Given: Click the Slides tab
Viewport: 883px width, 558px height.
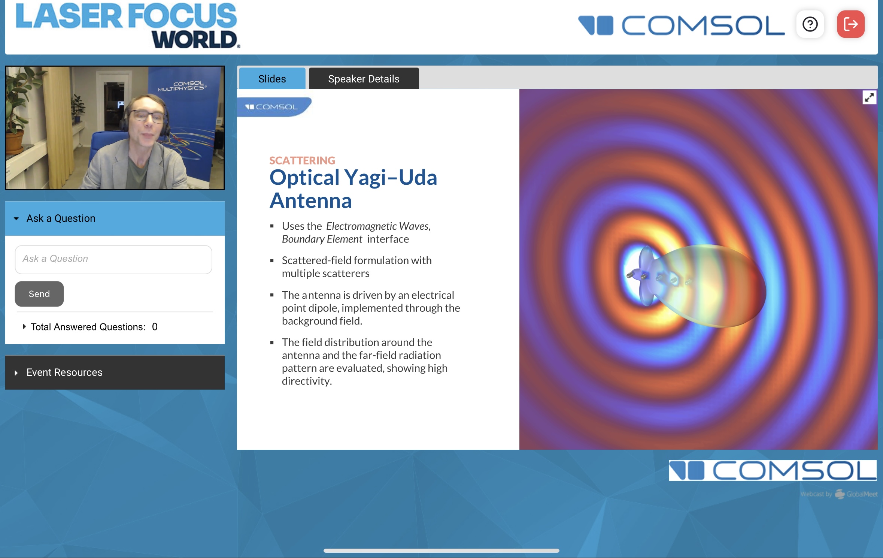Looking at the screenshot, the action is click(x=272, y=79).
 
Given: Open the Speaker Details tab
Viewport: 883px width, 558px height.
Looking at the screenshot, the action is click(x=364, y=79).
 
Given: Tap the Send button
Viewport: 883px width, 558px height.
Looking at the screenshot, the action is click(x=39, y=294).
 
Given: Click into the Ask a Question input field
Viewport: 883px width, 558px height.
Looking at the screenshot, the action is click(x=113, y=259).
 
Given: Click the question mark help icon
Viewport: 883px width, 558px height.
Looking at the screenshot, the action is click(x=810, y=24).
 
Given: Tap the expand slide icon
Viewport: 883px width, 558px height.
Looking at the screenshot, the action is click(x=869, y=98).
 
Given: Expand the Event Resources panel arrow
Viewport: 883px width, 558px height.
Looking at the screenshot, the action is click(x=16, y=373).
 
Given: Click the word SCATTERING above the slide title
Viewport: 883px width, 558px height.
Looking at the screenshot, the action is click(x=302, y=160).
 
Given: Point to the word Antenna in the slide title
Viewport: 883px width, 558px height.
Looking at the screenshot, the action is click(x=311, y=200).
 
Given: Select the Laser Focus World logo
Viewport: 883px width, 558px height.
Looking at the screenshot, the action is click(x=127, y=25).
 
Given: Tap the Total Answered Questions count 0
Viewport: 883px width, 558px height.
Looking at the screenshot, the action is click(x=155, y=327).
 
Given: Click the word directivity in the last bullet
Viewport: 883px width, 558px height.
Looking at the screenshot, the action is click(x=307, y=381).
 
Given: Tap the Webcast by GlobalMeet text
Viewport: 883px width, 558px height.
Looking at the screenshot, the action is click(x=839, y=494).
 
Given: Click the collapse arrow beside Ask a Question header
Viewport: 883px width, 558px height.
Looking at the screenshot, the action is click(x=16, y=218).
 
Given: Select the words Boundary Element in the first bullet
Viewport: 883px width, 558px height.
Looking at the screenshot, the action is click(x=322, y=239).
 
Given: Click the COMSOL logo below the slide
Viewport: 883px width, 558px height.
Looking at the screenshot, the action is click(x=773, y=470).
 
